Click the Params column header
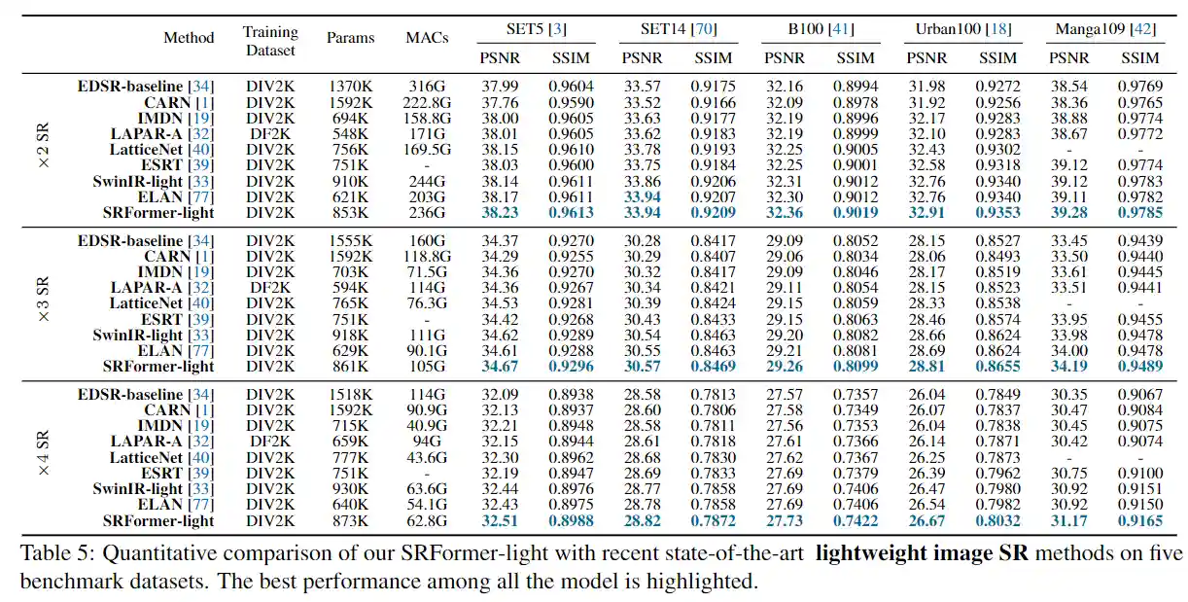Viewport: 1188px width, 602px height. click(x=350, y=39)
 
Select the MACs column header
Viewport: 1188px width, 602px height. click(x=427, y=39)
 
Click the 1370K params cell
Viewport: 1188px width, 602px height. click(x=350, y=87)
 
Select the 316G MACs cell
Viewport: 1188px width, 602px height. click(x=427, y=87)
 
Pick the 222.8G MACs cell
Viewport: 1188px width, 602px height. click(x=427, y=102)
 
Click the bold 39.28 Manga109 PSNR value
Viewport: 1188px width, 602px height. click(x=1068, y=212)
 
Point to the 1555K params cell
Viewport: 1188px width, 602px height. click(x=350, y=240)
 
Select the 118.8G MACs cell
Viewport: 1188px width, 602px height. click(x=427, y=256)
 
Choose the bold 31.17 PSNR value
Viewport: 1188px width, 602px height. click(x=1068, y=520)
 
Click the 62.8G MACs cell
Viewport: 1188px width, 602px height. click(x=427, y=520)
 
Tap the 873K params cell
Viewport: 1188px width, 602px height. click(x=350, y=520)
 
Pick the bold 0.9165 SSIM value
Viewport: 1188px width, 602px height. click(x=1139, y=520)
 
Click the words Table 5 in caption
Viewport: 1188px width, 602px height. click(x=52, y=555)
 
